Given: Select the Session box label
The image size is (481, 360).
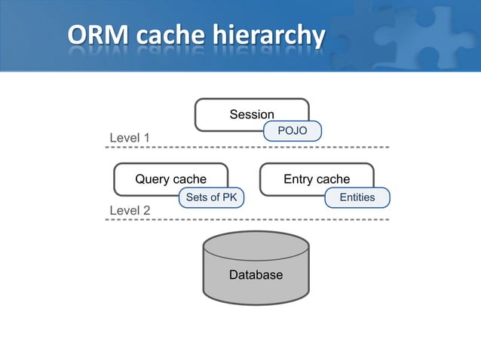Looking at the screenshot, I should coord(252,114).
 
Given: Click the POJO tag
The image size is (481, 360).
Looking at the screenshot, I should coord(293,131).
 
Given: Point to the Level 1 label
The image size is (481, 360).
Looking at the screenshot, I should coord(130,138).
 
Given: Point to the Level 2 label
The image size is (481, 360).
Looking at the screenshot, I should coord(130,210).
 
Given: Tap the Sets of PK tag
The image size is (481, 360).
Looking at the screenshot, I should coord(211,197).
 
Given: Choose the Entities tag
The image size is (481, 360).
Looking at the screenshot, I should coord(357,197).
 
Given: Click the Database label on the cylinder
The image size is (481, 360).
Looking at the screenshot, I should coord(256,275).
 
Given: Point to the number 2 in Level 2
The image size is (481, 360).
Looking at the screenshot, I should coord(146,210).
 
